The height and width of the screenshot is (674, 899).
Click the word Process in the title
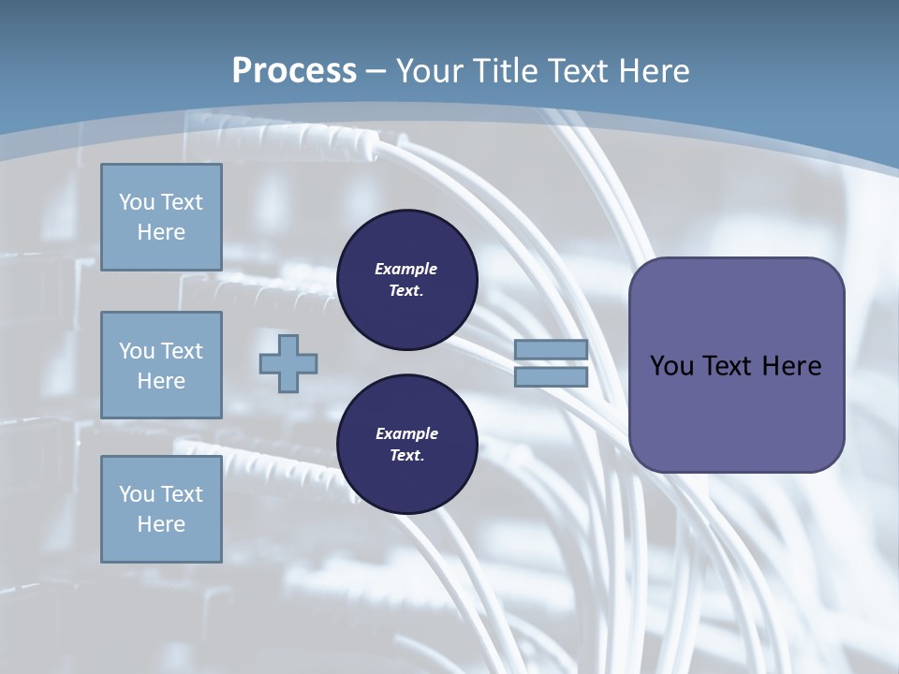pyautogui.click(x=294, y=70)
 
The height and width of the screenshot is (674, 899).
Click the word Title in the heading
pyautogui.click(x=504, y=71)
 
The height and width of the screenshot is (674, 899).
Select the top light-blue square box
pyautogui.click(x=161, y=217)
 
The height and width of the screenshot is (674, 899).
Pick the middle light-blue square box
pyautogui.click(x=161, y=365)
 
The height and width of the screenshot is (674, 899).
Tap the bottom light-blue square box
pyautogui.click(x=161, y=508)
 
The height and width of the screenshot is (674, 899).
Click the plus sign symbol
pyautogui.click(x=288, y=363)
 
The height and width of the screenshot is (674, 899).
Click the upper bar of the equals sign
pyautogui.click(x=551, y=350)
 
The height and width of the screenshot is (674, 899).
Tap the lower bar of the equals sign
pyautogui.click(x=551, y=376)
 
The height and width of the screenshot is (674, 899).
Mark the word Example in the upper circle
pyautogui.click(x=406, y=269)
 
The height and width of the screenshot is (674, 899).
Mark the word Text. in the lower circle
pyautogui.click(x=406, y=456)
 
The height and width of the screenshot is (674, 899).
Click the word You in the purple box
pyautogui.click(x=671, y=366)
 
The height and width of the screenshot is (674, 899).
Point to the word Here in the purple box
pyautogui.click(x=791, y=366)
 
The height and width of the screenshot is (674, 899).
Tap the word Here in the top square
pyautogui.click(x=161, y=232)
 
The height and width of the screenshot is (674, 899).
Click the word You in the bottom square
pyautogui.click(x=137, y=493)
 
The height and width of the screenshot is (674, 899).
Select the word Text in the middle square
pyautogui.click(x=181, y=351)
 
